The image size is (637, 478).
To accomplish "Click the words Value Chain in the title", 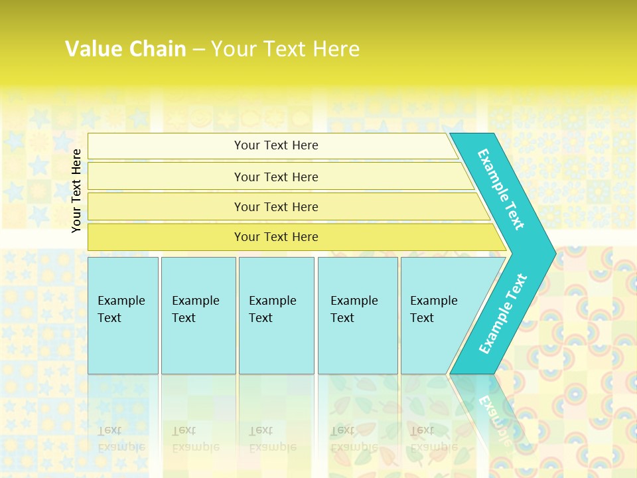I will (125, 48).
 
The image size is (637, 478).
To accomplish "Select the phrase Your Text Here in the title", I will (285, 48).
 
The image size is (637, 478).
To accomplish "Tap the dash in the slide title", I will (198, 49).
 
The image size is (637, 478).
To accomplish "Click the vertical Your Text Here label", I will (76, 191).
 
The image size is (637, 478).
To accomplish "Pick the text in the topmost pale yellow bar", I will (276, 145).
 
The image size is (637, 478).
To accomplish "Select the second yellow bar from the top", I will (276, 177).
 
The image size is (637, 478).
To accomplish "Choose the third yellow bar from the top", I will (276, 206).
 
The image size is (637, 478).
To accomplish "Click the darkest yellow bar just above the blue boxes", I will (276, 237).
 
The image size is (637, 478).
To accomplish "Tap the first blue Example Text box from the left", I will (123, 315).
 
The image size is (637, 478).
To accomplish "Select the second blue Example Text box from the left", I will (198, 315).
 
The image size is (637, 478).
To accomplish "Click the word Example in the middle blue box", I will (272, 301).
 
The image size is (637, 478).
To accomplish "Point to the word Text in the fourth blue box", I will (342, 318).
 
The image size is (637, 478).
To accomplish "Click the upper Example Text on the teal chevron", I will (501, 189).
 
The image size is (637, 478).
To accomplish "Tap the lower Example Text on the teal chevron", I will (503, 313).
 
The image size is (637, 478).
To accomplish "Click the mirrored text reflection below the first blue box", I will (121, 439).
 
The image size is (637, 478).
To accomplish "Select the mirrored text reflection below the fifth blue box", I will (433, 439).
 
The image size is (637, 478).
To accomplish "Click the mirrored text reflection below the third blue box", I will (272, 439).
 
